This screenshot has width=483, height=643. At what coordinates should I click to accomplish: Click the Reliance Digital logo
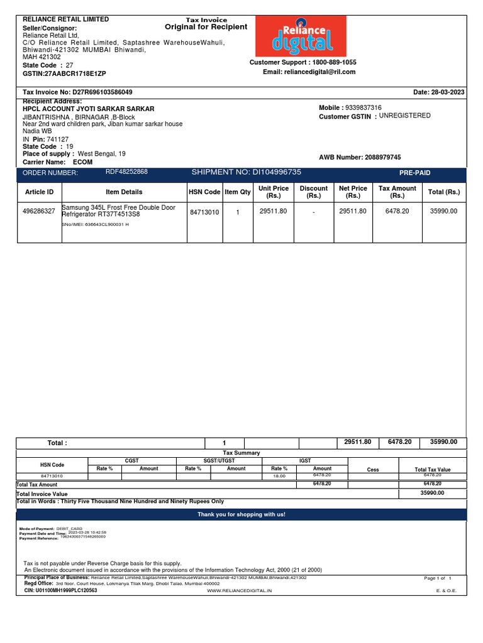point(301,36)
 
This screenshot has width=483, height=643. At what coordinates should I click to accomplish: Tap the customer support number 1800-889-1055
point(333,62)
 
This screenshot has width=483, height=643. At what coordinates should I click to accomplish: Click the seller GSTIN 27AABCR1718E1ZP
point(69,74)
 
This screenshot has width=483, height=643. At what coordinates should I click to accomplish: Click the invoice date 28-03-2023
point(448,92)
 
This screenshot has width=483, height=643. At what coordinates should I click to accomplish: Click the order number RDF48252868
point(126,171)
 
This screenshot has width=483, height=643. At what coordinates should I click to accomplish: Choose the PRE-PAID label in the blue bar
point(415,173)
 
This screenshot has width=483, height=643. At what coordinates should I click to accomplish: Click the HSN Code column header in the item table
point(204,192)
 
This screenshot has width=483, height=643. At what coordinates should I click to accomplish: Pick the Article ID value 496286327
point(39,212)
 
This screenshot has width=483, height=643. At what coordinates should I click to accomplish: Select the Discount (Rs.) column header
point(313,192)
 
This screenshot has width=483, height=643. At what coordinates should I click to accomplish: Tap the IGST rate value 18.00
point(279,477)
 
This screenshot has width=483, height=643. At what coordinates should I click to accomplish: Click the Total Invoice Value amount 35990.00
point(432,493)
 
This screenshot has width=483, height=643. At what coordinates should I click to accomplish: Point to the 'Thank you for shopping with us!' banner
point(241,514)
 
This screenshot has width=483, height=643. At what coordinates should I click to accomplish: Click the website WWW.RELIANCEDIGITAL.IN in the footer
point(240,592)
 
